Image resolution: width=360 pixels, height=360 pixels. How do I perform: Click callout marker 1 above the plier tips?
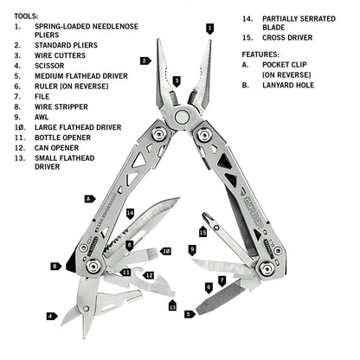point(209,29)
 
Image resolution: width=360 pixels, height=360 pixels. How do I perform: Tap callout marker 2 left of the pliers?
point(144,61)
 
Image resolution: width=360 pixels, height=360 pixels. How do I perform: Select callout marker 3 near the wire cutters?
point(177,80)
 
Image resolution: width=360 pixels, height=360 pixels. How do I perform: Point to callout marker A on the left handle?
point(88,198)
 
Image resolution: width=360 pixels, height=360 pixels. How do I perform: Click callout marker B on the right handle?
point(54,267)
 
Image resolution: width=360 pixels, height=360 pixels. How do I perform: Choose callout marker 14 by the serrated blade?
point(130,212)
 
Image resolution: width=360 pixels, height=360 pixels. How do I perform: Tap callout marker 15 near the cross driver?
point(203,232)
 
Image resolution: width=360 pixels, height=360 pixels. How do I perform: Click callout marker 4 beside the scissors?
point(51,317)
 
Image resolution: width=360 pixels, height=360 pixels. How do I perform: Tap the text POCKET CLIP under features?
point(288,64)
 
